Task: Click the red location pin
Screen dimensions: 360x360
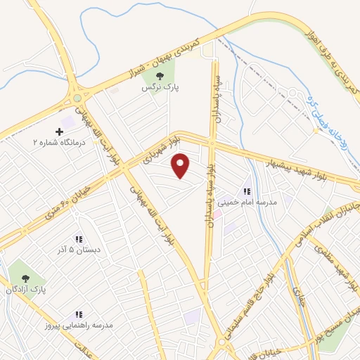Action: (x=181, y=165)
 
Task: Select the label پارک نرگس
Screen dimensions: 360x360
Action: (x=158, y=89)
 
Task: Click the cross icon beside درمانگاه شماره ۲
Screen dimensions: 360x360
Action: (x=59, y=132)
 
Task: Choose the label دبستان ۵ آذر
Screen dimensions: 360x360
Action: (x=79, y=250)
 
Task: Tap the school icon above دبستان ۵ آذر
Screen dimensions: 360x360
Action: (x=79, y=239)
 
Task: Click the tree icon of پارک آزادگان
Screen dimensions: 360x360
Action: (x=26, y=278)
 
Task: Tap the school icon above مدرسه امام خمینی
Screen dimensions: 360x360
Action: (x=247, y=191)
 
